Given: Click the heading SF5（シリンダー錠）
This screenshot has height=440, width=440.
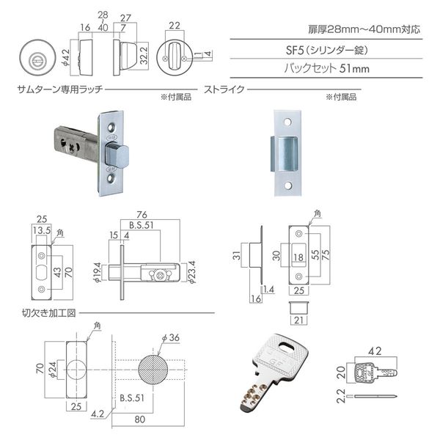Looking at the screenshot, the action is pos(326,50).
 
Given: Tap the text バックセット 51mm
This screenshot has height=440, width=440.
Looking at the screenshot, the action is pos(326,68).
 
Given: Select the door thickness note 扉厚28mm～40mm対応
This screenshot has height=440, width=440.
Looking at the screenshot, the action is pos(364,29).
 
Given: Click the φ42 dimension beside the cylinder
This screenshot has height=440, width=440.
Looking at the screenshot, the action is pos(65,58).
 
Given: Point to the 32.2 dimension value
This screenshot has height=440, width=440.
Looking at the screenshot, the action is pos(144,55).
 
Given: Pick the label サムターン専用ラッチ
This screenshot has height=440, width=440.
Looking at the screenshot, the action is pos(60,89).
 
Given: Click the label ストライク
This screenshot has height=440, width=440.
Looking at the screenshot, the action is pos(224,89).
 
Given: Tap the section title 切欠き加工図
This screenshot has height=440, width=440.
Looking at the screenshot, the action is pos(49,313).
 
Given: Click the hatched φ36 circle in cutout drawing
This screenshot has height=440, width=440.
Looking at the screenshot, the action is pos(153,370).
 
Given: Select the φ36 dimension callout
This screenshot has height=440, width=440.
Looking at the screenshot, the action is pos(171,337).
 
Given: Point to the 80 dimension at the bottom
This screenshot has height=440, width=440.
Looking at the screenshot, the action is pos(140,419).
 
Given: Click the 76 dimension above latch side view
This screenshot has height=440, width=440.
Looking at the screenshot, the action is pos(142,215).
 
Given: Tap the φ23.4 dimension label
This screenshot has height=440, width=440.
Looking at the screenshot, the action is pos(192,272).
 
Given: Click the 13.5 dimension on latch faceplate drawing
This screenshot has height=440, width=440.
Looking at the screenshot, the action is pos(42,230).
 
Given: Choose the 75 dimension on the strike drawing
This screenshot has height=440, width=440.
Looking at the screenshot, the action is pos(325,254).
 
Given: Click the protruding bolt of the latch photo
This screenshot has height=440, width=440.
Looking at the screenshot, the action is pos(117,155).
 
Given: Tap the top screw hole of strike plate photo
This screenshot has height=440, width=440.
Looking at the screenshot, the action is pos(287,122).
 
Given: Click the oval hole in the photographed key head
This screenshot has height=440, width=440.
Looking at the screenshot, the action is pos(287,347).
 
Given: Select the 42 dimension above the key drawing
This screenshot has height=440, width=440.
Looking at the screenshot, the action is pos(375,351).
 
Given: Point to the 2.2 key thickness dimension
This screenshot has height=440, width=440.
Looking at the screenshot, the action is pos(341,396).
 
